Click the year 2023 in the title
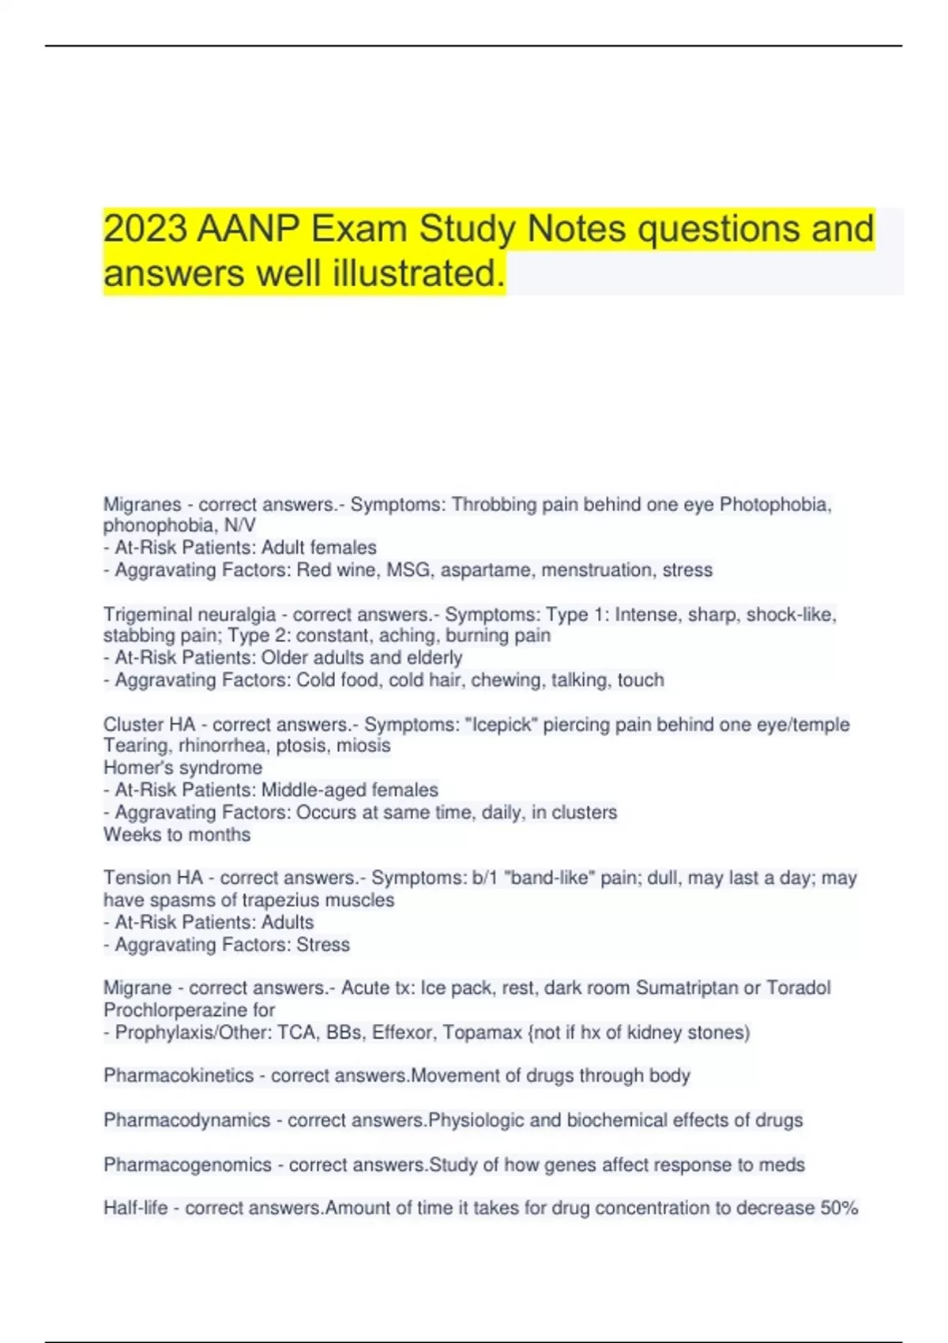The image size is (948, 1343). [145, 229]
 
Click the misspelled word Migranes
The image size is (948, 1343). [142, 505]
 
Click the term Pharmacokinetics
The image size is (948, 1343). [179, 1076]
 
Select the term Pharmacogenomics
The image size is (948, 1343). [187, 1165]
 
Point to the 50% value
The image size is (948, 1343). [838, 1209]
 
